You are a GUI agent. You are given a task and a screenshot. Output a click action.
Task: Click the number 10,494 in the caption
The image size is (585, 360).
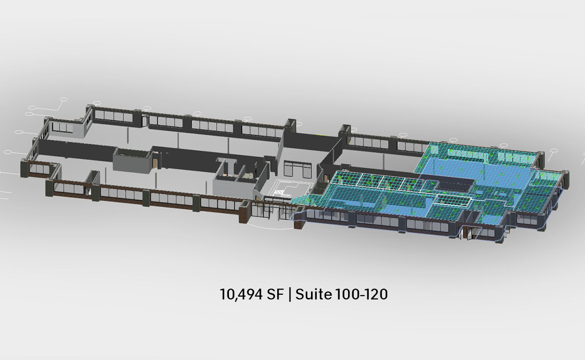coord(241,294)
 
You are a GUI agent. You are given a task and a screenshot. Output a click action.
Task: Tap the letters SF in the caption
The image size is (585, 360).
coord(275,294)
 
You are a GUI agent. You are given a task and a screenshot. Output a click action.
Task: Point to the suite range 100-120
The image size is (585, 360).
coord(361,294)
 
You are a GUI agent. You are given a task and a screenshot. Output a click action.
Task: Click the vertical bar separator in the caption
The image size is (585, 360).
coord(290,295)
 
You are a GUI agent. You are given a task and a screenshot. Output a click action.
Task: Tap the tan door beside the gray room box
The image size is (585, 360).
coord(156,163)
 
